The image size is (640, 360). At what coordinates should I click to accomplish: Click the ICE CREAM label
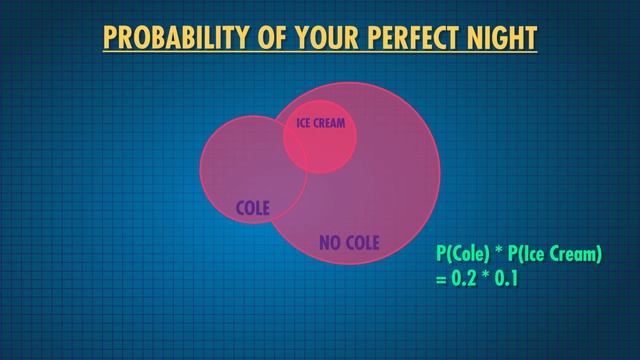[x=320, y=125]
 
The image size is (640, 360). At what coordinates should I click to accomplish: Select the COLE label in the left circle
[x=253, y=208]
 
